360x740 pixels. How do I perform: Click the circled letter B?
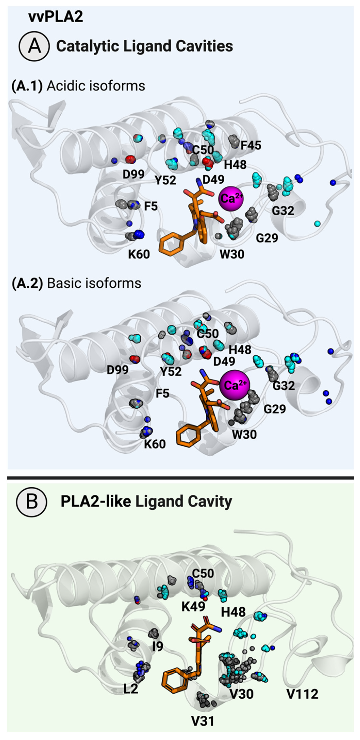32,501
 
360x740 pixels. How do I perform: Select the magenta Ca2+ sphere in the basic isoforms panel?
235,385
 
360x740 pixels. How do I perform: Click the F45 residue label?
251,145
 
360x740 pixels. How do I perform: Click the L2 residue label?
131,689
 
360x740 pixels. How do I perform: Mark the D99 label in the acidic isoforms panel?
133,174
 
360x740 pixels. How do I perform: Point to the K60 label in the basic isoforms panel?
155,444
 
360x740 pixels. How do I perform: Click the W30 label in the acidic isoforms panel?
232,254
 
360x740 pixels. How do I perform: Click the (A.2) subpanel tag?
27,283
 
